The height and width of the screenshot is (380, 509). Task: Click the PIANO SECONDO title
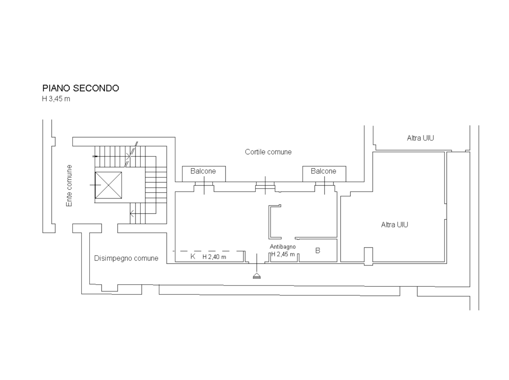pos(80,88)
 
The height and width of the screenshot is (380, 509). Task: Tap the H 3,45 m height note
pos(56,99)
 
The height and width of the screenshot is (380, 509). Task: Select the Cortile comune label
pos(268,152)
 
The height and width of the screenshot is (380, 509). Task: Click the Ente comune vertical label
pos(69,186)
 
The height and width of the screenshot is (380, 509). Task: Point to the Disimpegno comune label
pos(126,258)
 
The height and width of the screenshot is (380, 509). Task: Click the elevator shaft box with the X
pos(108,185)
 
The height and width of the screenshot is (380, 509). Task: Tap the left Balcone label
pos(203,171)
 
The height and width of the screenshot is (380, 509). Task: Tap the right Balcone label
pos(323,171)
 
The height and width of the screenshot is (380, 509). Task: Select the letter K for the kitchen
pos(193,256)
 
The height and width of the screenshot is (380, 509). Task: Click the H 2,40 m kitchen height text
pos(214,257)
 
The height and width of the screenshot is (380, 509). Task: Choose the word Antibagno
pos(283,247)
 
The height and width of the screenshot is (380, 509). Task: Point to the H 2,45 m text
pos(283,254)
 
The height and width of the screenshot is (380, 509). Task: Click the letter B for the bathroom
pos(318,251)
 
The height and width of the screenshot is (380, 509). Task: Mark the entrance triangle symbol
pos(257,276)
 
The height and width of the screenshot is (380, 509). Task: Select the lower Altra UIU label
pos(394,225)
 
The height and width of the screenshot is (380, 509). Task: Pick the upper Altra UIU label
pos(420,138)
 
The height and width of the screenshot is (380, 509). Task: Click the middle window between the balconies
pos(265,187)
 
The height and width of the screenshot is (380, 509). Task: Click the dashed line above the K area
pos(209,251)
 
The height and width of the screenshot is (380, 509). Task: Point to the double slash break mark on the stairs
pos(131,154)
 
